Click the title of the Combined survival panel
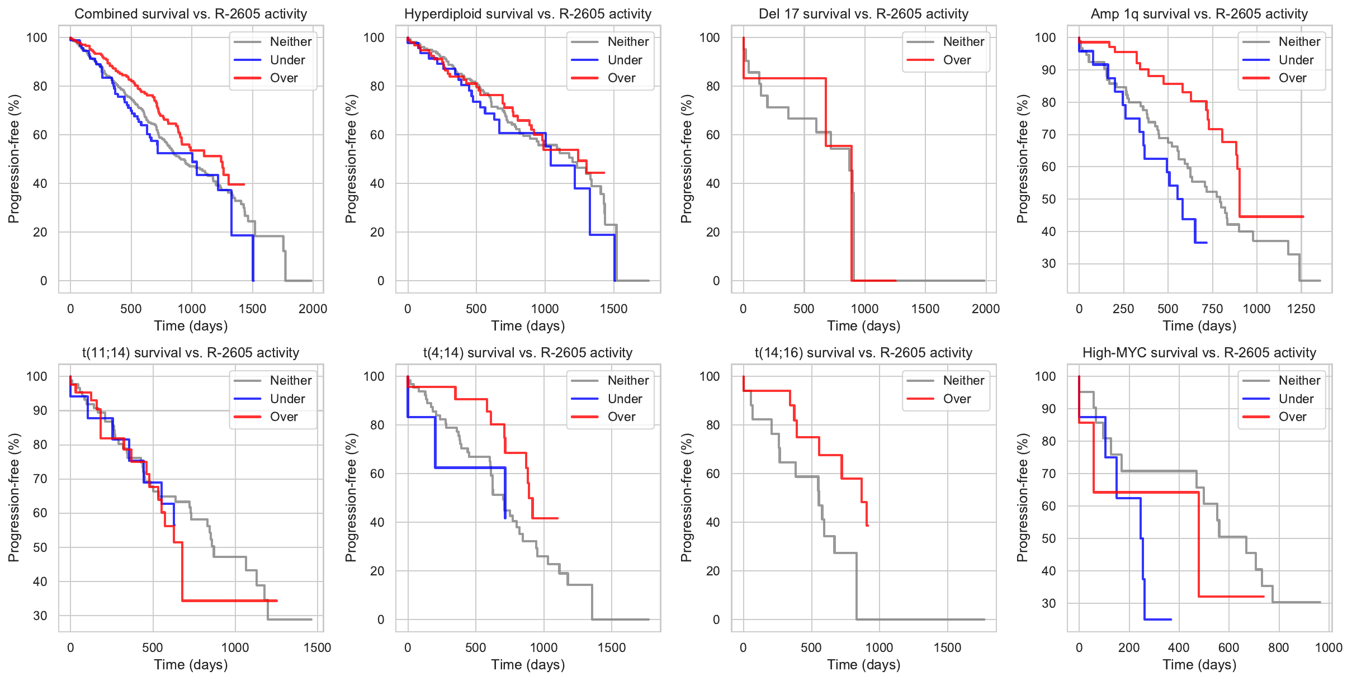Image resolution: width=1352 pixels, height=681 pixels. coord(191,14)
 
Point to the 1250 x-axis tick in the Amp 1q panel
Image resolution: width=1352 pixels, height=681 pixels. coord(1301,309)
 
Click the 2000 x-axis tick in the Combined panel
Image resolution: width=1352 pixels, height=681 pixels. coord(313,309)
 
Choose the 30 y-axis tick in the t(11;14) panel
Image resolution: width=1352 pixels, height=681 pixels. coord(40,616)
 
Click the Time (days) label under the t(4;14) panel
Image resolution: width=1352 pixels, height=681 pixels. coord(528,664)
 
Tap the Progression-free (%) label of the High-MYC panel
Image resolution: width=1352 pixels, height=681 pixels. coord(1022,498)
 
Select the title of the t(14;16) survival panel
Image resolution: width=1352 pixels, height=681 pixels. coord(863,353)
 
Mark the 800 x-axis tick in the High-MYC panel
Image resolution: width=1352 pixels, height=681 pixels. coord(1279,647)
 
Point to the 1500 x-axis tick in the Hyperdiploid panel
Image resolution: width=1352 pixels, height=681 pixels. coord(613,309)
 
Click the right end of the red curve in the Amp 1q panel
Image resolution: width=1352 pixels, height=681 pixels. coord(1303,216)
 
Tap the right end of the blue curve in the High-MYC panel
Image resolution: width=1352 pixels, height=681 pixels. coord(1171,619)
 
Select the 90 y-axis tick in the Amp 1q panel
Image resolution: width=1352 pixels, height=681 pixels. coord(1045,70)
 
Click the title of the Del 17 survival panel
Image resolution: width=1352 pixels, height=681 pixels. coord(863,14)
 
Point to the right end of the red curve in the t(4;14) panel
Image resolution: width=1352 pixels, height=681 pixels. coord(557,518)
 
